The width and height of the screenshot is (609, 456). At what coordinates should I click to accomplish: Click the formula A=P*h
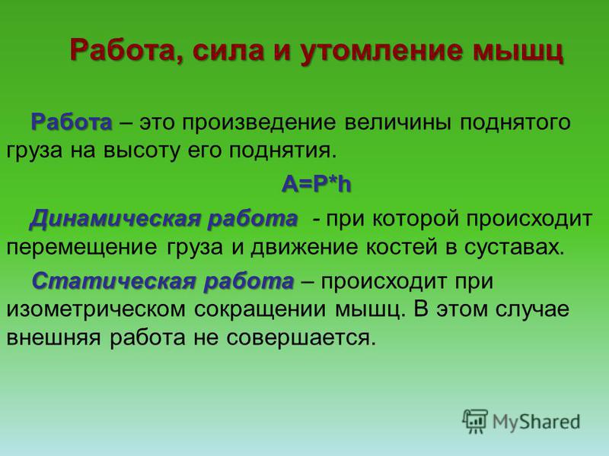click(x=317, y=184)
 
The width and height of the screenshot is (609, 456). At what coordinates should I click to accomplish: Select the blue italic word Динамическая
click(x=115, y=220)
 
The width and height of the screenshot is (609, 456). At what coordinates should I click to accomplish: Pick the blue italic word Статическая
click(x=113, y=281)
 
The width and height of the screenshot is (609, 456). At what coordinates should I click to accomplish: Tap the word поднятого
click(x=515, y=123)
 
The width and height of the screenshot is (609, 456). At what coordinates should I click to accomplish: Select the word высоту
click(x=142, y=150)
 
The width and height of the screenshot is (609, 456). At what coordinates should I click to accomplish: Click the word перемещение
click(x=82, y=248)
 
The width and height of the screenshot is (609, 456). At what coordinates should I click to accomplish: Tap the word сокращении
click(x=260, y=310)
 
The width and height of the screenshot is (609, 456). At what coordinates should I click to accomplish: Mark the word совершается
click(x=301, y=338)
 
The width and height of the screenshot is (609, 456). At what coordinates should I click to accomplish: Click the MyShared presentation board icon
click(x=474, y=421)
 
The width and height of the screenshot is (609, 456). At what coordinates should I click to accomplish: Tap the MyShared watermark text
click(x=537, y=422)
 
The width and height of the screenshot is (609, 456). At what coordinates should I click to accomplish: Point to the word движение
click(x=304, y=248)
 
